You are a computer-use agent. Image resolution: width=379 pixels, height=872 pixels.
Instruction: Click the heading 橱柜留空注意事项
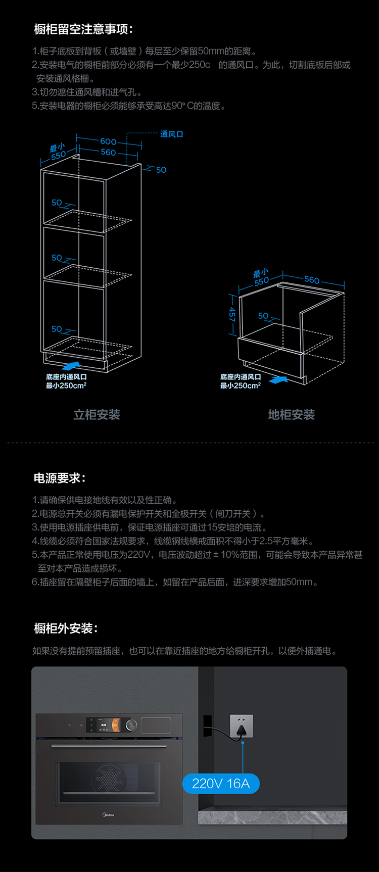click(x=83, y=29)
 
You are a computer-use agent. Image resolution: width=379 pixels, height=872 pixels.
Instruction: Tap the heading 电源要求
click(x=60, y=478)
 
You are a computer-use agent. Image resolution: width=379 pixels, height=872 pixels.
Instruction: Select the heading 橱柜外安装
click(x=66, y=628)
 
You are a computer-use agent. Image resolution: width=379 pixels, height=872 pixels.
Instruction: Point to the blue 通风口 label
click(x=172, y=134)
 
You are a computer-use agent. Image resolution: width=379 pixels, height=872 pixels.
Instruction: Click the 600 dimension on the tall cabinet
click(x=108, y=141)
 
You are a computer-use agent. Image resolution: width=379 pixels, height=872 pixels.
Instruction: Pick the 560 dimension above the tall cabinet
click(x=108, y=152)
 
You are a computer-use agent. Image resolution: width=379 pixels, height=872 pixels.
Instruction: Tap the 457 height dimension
click(x=232, y=314)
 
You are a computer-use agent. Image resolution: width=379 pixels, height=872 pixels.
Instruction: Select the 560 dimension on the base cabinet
click(x=312, y=279)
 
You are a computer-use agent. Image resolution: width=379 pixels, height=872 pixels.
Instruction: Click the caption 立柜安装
click(x=97, y=415)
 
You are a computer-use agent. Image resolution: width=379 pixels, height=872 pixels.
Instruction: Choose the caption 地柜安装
click(x=291, y=415)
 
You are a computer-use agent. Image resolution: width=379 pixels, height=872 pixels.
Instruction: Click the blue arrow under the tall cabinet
click(x=70, y=365)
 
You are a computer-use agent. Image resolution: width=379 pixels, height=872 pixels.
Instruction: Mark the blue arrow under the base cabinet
click(x=278, y=379)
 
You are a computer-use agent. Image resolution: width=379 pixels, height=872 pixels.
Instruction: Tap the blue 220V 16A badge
click(x=221, y=784)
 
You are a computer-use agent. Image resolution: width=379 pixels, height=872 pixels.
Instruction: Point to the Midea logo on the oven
click(x=109, y=814)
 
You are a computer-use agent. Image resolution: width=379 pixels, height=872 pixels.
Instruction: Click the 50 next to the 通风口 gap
click(x=161, y=170)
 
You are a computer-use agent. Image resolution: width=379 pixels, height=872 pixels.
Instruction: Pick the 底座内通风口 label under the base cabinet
click(x=241, y=377)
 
